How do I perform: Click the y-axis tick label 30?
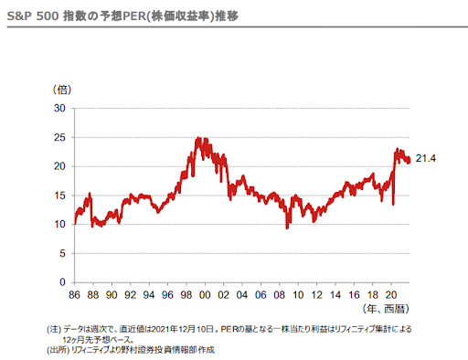[x=60, y=108]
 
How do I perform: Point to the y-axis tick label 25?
[x=60, y=137]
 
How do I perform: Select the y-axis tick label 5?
[x=63, y=253]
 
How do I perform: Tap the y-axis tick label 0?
[x=63, y=282]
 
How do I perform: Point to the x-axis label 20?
[x=391, y=295]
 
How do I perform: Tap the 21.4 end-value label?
[x=424, y=159]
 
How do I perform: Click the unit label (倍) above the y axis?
[x=62, y=89]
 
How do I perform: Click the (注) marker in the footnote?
[x=52, y=329]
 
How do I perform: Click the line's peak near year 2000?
[x=198, y=138]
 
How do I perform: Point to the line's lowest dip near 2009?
[x=287, y=227]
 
